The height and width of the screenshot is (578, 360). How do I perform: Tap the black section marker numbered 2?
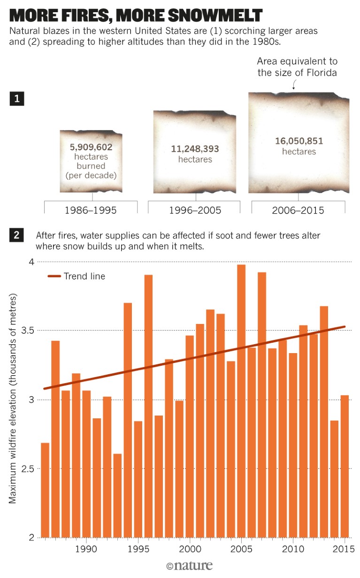[x=16, y=236]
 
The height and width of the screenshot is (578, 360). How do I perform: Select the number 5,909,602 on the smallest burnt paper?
[x=91, y=146]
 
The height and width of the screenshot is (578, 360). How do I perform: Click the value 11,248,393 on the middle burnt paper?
[x=195, y=149]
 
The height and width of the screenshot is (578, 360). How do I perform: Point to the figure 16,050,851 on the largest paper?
[x=299, y=141]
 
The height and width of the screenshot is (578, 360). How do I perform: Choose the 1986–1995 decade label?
[x=91, y=210]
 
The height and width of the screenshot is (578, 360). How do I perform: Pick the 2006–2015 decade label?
[x=298, y=210]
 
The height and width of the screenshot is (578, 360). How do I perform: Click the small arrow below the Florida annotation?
[x=294, y=85]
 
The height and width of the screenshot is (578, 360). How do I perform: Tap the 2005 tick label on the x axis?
[x=241, y=548]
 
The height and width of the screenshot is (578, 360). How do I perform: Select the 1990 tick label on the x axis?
[x=86, y=548]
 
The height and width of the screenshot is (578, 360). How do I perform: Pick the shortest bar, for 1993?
[x=117, y=495]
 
